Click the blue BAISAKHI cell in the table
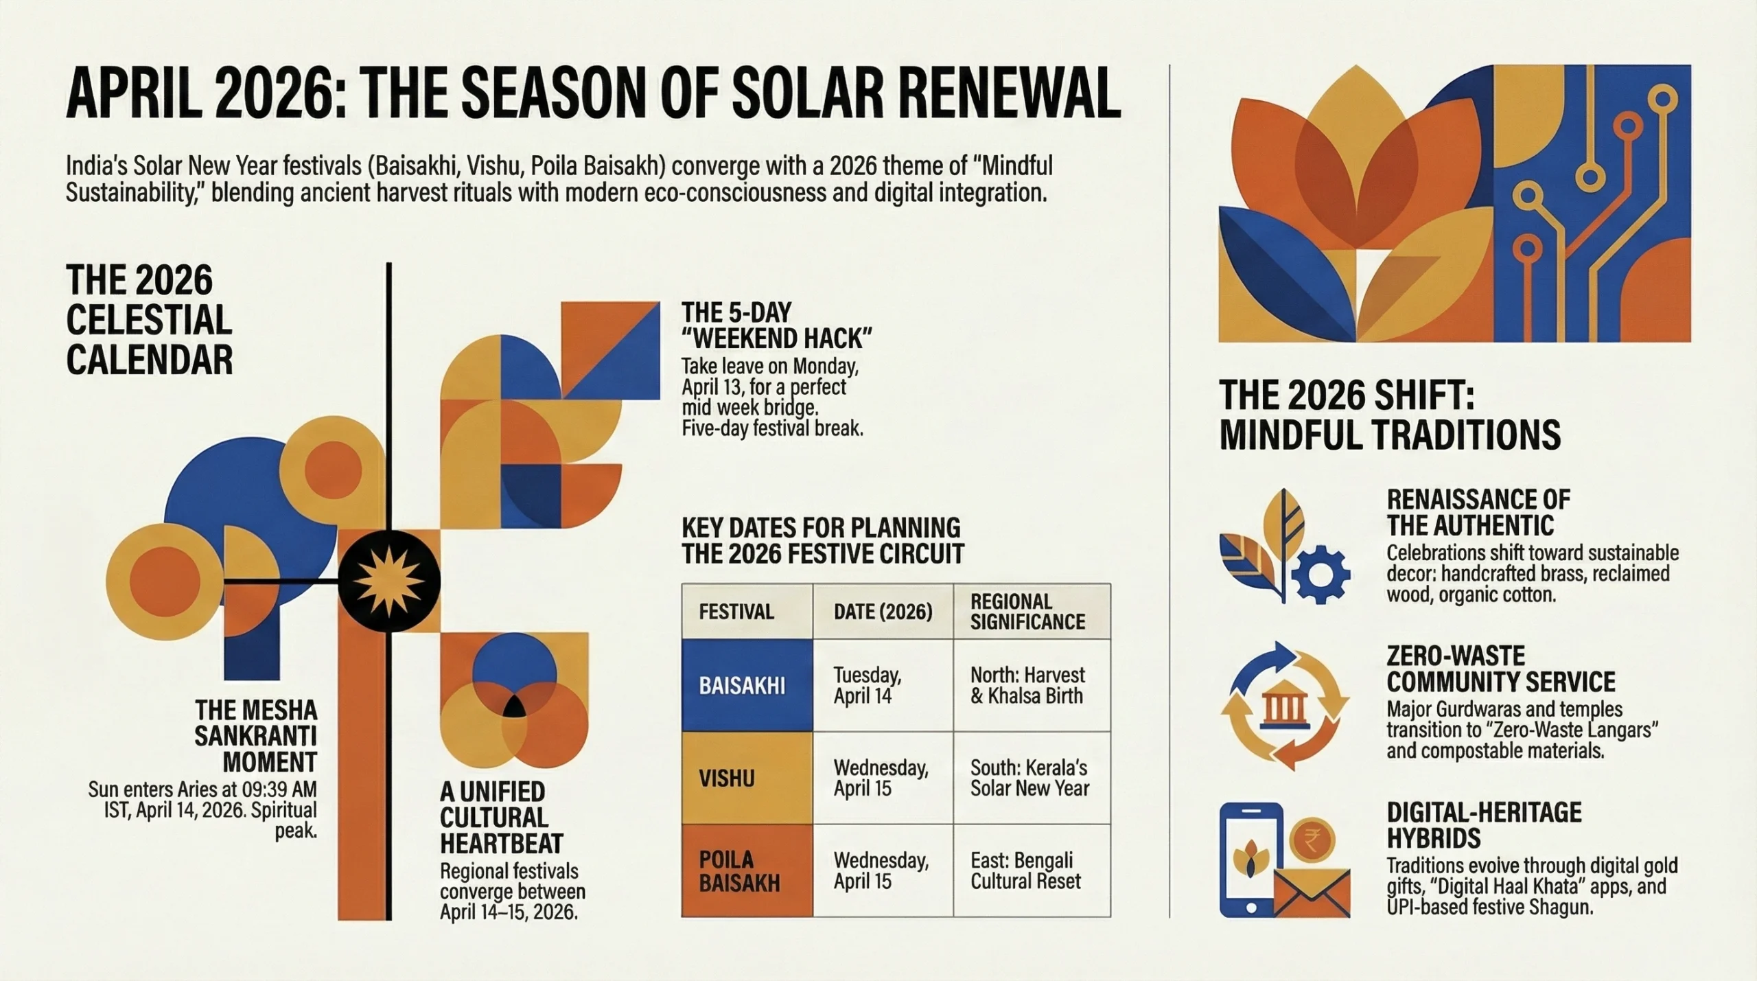click(747, 685)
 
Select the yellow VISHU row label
click(747, 778)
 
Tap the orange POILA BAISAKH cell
click(747, 870)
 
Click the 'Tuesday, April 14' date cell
click(883, 685)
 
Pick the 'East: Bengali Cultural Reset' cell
click(1031, 870)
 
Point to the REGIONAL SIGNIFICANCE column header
click(1031, 612)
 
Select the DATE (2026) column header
click(883, 612)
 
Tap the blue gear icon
click(1320, 575)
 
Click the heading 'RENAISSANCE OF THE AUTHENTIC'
click(1478, 512)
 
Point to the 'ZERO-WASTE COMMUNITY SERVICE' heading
click(1500, 669)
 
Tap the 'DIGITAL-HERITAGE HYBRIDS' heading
click(1484, 825)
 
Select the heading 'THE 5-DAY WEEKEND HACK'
click(776, 325)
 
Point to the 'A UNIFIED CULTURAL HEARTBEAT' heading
click(501, 817)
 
